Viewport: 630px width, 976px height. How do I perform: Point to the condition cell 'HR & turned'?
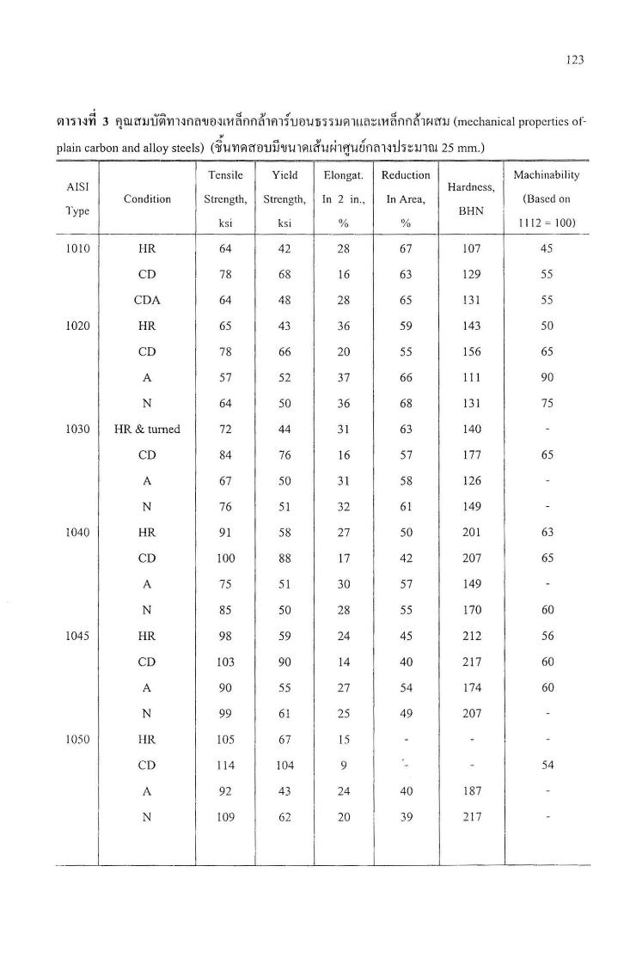147,429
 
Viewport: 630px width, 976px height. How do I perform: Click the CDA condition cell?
147,300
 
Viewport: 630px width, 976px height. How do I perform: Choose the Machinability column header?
546,175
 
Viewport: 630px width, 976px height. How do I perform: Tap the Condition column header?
147,198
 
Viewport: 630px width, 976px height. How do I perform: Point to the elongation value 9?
344,765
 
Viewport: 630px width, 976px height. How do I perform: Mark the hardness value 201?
471,533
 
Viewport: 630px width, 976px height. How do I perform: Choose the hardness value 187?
471,790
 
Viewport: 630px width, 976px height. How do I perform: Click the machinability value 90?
547,378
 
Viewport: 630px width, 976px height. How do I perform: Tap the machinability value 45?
547,248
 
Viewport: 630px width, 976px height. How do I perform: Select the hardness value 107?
471,248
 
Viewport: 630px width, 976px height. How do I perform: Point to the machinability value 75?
547,404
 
